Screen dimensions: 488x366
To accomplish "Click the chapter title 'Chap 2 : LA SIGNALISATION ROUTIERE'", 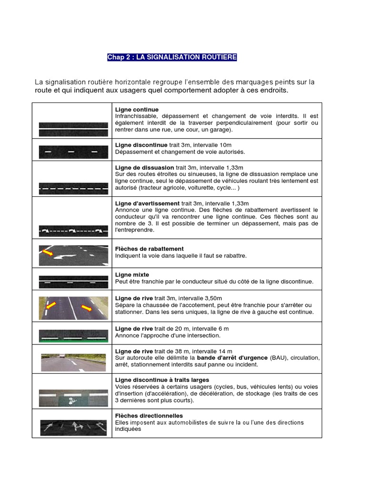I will (172, 57).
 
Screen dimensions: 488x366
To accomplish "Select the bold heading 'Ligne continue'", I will (137, 110).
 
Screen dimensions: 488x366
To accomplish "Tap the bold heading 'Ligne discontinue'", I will (141, 145).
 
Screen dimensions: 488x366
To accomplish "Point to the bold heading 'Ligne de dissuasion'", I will (144, 168).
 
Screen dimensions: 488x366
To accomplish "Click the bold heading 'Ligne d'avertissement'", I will (147, 203).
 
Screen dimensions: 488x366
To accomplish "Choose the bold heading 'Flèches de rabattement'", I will (149, 249).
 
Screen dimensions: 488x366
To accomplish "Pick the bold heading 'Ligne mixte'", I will (132, 275).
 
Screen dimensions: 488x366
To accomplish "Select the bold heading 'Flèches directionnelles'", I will (149, 416).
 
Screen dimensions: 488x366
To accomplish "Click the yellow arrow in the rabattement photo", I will (48, 252).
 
